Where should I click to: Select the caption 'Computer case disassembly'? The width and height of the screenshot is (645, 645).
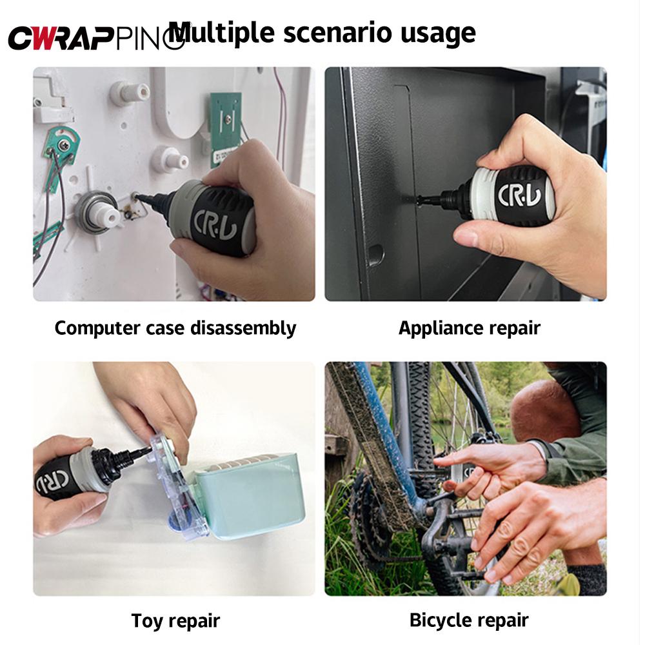tap(175, 328)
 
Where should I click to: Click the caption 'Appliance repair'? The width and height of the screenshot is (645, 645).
tap(469, 328)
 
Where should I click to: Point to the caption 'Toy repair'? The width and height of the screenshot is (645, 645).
tap(175, 620)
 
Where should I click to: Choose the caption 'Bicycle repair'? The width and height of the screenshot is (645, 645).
tap(469, 620)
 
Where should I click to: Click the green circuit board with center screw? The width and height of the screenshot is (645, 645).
tap(226, 126)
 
